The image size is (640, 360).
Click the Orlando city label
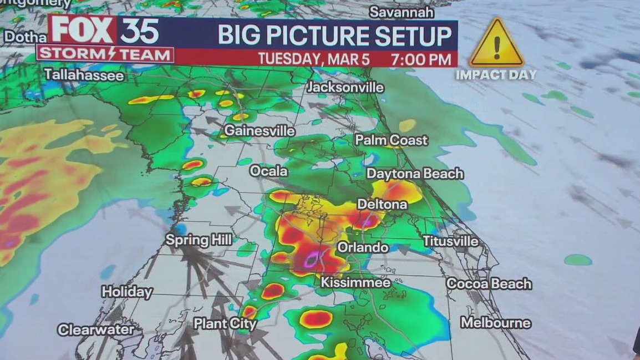tap(363, 247)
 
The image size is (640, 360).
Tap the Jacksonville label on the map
tap(346, 88)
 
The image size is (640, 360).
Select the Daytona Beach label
tap(415, 174)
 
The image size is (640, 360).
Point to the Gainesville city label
tap(260, 131)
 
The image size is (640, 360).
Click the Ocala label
tap(268, 171)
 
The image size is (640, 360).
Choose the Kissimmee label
tap(355, 283)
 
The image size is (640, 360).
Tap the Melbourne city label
tap(495, 323)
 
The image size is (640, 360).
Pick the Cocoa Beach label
tap(489, 284)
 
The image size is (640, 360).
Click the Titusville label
tap(450, 241)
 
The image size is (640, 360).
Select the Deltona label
tap(382, 204)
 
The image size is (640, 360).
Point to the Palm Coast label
tap(391, 140)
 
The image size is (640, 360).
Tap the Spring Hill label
tap(199, 240)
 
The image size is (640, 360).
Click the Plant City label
tap(225, 324)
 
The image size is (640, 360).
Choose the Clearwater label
tap(96, 329)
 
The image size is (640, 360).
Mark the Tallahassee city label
tap(84, 75)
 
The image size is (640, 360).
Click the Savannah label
tap(401, 12)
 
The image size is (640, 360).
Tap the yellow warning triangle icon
tap(496, 44)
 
